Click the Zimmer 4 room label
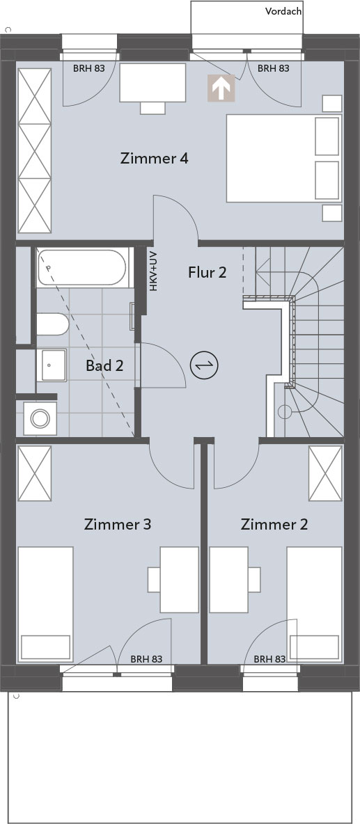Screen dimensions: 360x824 click(x=154, y=158)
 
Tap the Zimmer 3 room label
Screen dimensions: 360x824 click(x=118, y=524)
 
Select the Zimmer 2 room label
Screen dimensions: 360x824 click(x=274, y=524)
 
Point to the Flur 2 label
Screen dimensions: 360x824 click(x=207, y=272)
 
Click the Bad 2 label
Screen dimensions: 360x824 click(x=104, y=366)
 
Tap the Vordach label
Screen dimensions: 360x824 click(x=283, y=11)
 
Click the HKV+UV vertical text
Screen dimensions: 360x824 click(x=153, y=271)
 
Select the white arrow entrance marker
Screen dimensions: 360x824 click(x=221, y=88)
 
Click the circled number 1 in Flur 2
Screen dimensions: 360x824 click(x=204, y=365)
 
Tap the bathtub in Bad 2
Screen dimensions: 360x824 click(x=82, y=268)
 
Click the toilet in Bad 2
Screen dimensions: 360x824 click(x=52, y=324)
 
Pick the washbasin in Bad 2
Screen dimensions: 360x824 click(x=52, y=365)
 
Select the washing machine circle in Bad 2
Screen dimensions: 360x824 click(x=40, y=418)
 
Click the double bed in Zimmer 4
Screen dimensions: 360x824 click(x=284, y=158)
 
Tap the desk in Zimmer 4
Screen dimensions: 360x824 click(x=152, y=83)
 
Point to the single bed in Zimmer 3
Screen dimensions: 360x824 click(x=45, y=603)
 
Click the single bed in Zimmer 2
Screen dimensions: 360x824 click(x=314, y=603)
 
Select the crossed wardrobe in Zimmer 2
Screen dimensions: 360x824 click(x=325, y=473)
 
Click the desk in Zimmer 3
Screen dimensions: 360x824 click(x=179, y=580)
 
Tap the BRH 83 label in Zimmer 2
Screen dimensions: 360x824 click(x=269, y=658)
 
